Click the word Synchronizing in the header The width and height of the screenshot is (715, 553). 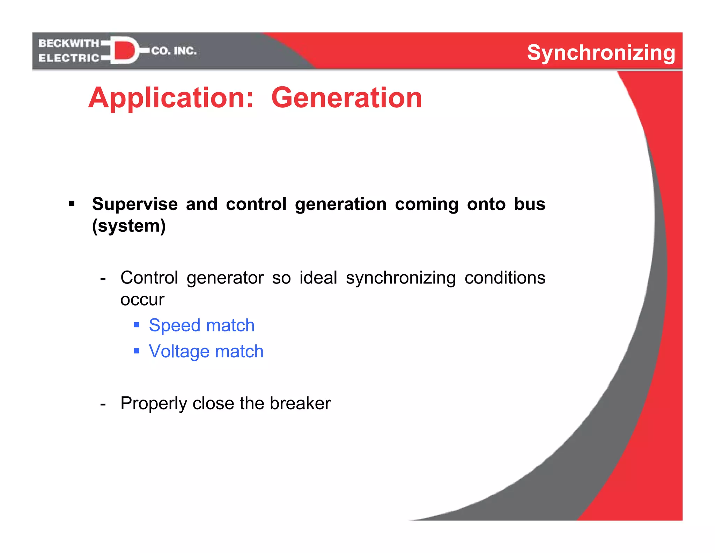[x=601, y=53]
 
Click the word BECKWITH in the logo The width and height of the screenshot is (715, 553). [x=69, y=43]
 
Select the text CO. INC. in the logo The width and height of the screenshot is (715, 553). [x=174, y=51]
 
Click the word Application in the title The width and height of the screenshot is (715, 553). [x=171, y=98]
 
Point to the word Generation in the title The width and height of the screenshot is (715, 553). [x=346, y=98]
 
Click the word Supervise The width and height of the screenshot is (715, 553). [x=135, y=204]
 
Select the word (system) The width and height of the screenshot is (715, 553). [x=129, y=226]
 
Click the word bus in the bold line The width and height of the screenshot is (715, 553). [x=529, y=204]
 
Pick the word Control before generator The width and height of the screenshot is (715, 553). [x=149, y=278]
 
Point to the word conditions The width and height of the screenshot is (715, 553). [x=504, y=278]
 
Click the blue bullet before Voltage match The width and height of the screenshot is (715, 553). [x=137, y=351]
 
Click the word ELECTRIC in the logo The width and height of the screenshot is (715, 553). [x=69, y=58]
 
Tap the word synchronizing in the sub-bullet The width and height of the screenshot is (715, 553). [x=400, y=278]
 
